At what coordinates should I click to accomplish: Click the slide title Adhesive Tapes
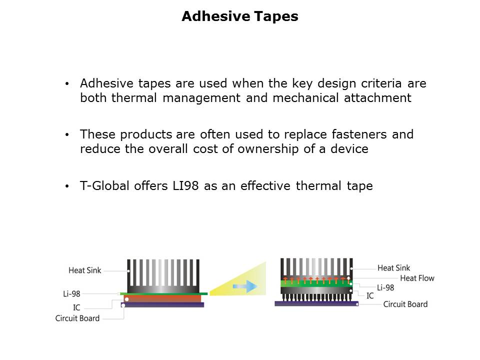tap(239, 16)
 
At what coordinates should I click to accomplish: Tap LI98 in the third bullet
tap(185, 186)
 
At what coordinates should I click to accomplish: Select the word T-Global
tap(104, 186)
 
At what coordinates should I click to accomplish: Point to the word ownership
tap(268, 149)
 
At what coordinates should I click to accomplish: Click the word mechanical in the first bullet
tap(305, 98)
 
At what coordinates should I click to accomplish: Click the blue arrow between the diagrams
tap(245, 286)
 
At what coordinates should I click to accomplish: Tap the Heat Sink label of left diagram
tap(85, 270)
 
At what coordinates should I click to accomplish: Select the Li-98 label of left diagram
tap(71, 294)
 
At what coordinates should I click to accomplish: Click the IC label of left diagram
tap(76, 307)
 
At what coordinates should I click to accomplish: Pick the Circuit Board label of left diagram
tap(77, 318)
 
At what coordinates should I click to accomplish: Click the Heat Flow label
tap(417, 278)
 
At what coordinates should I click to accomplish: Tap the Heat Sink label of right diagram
tap(393, 268)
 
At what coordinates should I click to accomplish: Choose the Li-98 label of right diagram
tap(385, 288)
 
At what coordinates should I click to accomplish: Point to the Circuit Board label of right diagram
tap(405, 304)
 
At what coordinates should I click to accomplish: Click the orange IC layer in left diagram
tap(162, 298)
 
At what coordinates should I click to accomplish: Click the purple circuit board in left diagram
tap(162, 305)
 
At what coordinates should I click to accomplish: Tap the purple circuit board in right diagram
tap(316, 303)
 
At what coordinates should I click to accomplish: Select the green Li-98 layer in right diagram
tap(316, 283)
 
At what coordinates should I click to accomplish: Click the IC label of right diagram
tap(370, 295)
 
